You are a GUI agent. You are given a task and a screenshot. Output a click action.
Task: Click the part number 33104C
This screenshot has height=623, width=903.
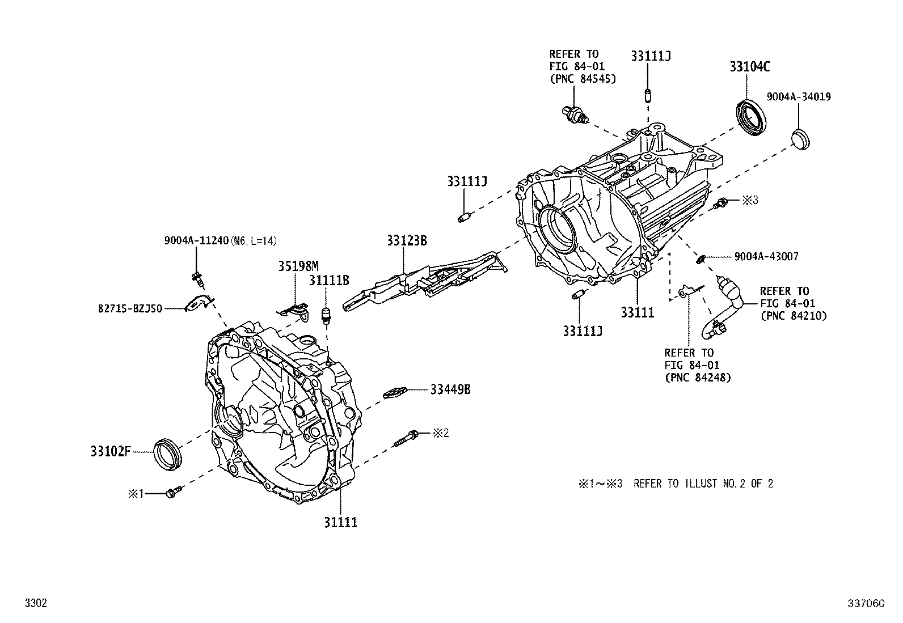[x=749, y=67]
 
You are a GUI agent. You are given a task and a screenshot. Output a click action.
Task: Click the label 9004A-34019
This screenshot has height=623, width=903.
[x=799, y=97]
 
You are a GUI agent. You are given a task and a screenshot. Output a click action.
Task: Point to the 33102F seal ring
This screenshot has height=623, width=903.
[x=168, y=453]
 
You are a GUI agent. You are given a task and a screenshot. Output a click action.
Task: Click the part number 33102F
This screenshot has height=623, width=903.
[x=111, y=452]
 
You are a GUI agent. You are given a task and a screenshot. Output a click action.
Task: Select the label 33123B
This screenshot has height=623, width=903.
[x=407, y=240]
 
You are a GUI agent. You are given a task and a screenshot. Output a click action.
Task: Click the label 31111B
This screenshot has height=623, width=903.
[x=329, y=280]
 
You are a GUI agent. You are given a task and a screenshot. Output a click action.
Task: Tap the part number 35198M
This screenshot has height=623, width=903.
[x=298, y=266]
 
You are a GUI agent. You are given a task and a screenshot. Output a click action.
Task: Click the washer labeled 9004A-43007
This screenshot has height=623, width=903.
[x=701, y=259]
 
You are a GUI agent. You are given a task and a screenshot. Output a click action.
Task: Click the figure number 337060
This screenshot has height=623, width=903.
[x=866, y=604]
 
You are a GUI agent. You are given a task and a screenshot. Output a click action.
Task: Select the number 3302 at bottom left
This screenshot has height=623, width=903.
[x=36, y=604]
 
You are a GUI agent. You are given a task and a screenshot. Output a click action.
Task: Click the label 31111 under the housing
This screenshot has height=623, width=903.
[x=341, y=522]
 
